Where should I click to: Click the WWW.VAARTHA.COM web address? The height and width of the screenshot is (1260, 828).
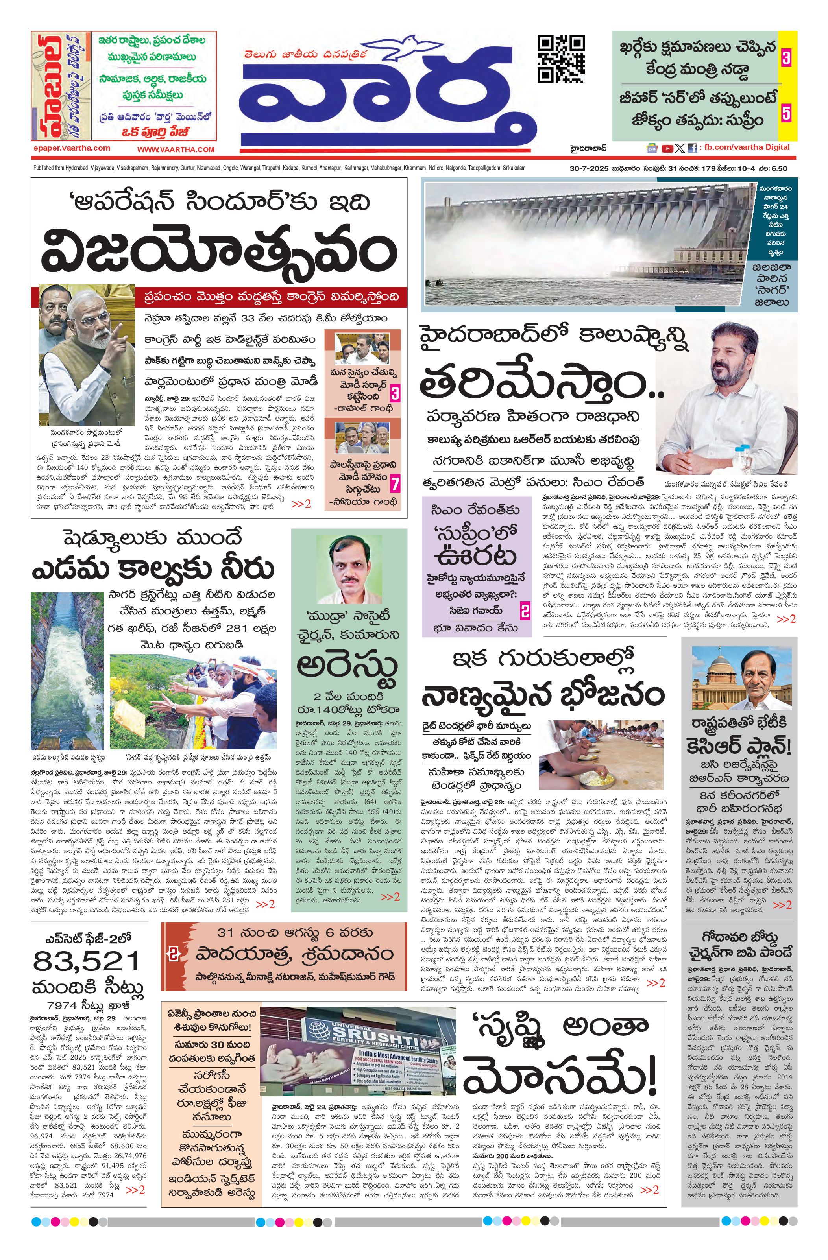tap(176, 150)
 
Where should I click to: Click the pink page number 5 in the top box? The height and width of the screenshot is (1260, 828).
tap(786, 113)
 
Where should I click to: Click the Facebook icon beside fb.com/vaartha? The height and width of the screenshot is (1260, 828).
tap(692, 149)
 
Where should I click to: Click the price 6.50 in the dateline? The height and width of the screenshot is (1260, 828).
tap(780, 168)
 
